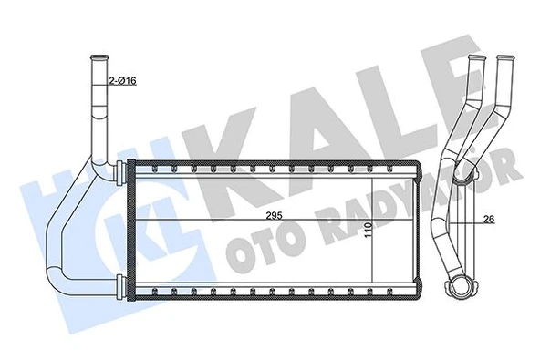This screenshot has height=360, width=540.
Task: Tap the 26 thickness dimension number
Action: [x=490, y=219]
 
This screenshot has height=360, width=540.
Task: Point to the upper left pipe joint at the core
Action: [x=119, y=170]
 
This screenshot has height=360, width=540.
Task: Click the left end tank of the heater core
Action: [x=131, y=229]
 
